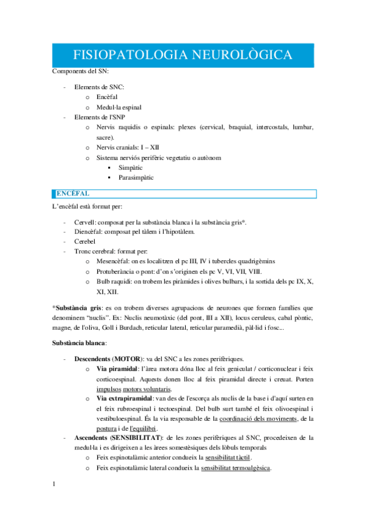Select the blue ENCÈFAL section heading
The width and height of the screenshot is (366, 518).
click(73, 194)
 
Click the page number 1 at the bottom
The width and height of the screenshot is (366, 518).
click(54, 484)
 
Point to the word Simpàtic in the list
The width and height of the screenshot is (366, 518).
click(131, 167)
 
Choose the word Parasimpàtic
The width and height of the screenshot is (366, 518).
click(136, 178)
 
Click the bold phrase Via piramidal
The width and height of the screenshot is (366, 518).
click(117, 368)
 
